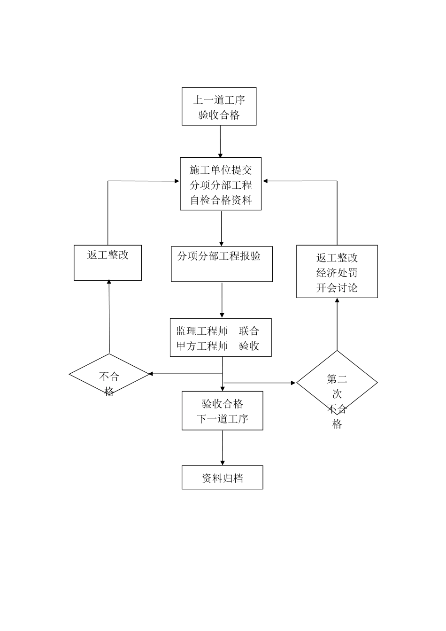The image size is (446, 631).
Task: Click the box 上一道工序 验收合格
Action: [219, 107]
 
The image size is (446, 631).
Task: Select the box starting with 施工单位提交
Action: [221, 184]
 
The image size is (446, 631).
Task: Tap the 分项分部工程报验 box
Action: [222, 263]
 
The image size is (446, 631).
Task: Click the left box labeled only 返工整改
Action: [108, 262]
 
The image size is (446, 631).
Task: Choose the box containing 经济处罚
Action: [337, 272]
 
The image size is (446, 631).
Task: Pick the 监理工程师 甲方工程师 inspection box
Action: [221, 338]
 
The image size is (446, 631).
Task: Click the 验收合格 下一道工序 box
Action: [222, 411]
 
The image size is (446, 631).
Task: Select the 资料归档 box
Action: [222, 477]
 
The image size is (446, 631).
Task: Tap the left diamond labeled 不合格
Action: [109, 375]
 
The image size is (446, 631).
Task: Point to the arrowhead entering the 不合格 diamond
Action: [151, 374]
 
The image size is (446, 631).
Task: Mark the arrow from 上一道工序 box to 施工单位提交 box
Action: [220, 141]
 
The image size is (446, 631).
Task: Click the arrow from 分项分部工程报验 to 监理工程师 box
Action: [222, 300]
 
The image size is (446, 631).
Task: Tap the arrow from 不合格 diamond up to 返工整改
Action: [109, 317]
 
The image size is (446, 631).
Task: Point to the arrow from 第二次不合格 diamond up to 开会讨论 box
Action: [337, 324]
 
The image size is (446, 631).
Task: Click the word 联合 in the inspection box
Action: [249, 331]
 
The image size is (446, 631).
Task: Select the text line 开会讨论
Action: [337, 288]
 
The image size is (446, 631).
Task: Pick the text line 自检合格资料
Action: [221, 200]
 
